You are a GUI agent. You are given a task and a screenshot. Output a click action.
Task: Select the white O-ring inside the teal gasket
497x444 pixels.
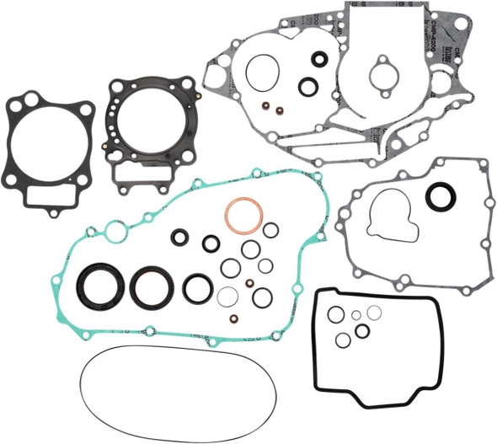[x=227, y=296]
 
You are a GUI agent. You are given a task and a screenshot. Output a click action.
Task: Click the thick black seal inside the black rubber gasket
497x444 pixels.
[x=362, y=331]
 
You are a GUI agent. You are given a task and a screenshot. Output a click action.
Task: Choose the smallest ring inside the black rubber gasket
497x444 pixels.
[x=356, y=314]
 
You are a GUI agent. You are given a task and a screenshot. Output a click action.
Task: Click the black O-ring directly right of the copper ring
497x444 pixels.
[x=270, y=230]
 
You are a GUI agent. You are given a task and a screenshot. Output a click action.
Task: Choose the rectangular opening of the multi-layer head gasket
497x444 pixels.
[x=142, y=174]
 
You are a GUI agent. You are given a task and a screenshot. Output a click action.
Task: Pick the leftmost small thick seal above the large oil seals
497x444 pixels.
[x=179, y=237]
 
